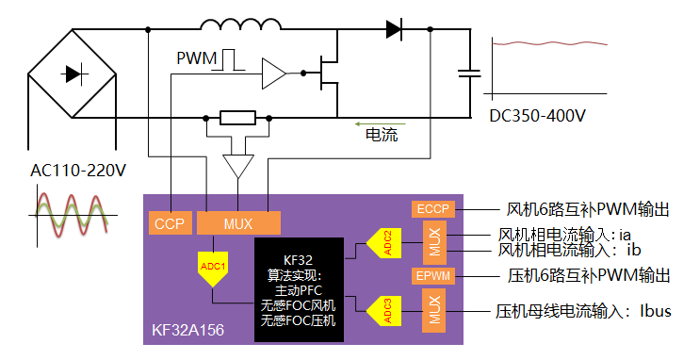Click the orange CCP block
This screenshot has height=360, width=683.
pyautogui.click(x=171, y=222)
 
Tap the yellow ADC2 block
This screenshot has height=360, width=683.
pyautogui.click(x=383, y=243)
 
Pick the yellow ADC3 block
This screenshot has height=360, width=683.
pyautogui.click(x=383, y=311)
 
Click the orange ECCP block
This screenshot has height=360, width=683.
pyautogui.click(x=433, y=209)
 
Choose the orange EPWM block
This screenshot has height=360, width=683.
pyautogui.click(x=433, y=276)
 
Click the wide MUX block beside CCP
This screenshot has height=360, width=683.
pyautogui.click(x=238, y=222)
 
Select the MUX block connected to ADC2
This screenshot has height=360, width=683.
pyautogui.click(x=434, y=242)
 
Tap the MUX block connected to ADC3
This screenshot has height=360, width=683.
pyautogui.click(x=434, y=310)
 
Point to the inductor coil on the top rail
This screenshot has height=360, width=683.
pyautogui.click(x=240, y=25)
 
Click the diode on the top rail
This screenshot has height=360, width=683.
pyautogui.click(x=394, y=29)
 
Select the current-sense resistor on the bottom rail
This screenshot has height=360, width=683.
pyautogui.click(x=237, y=118)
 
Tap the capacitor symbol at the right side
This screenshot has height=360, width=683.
pyautogui.click(x=469, y=74)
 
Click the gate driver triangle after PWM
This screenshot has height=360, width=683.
pyautogui.click(x=273, y=74)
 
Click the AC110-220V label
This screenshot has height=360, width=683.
pyautogui.click(x=78, y=171)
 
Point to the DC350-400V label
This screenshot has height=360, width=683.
pyautogui.click(x=538, y=116)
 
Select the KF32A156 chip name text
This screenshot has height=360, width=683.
pyautogui.click(x=187, y=330)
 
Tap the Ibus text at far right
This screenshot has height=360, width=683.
pyautogui.click(x=655, y=311)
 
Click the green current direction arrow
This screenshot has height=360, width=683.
pyautogui.click(x=381, y=124)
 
